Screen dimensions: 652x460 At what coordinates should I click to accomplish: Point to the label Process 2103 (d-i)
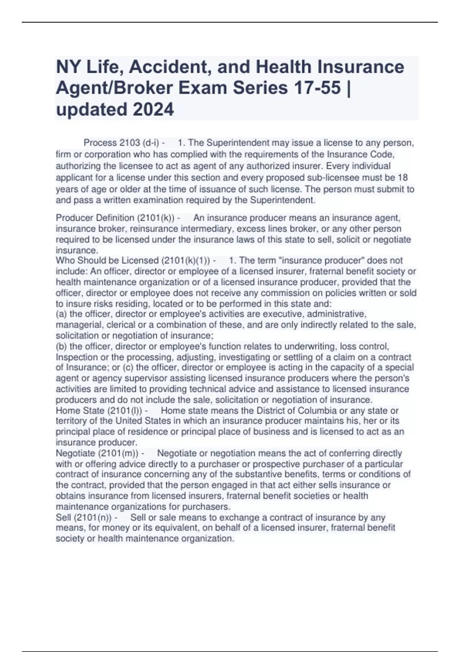122,143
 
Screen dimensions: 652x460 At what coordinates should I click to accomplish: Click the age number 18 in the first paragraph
403,178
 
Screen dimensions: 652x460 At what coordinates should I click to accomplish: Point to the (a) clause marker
61,314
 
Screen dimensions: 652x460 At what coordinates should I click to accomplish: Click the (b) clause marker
61,347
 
